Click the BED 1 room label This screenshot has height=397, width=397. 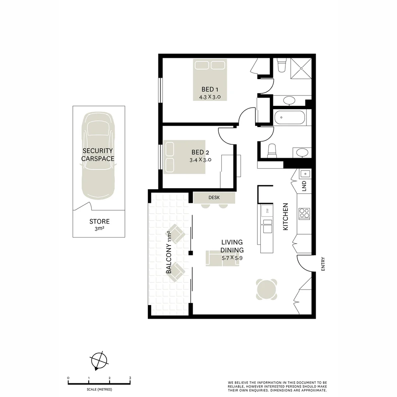click(x=210, y=89)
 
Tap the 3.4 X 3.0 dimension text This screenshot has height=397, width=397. click(x=200, y=160)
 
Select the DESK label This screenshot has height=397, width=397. click(x=214, y=198)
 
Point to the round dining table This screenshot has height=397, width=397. click(x=267, y=289)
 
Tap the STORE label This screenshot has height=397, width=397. click(x=99, y=222)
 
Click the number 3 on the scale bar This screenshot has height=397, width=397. click(x=130, y=378)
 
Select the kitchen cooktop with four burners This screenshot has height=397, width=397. click(x=304, y=214)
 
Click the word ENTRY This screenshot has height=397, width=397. click(x=323, y=264)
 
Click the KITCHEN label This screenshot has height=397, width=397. click(x=285, y=217)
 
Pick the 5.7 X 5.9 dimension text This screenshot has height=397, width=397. click(x=232, y=258)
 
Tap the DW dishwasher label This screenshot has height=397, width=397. click(x=267, y=211)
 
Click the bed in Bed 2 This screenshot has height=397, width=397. click(x=184, y=157)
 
